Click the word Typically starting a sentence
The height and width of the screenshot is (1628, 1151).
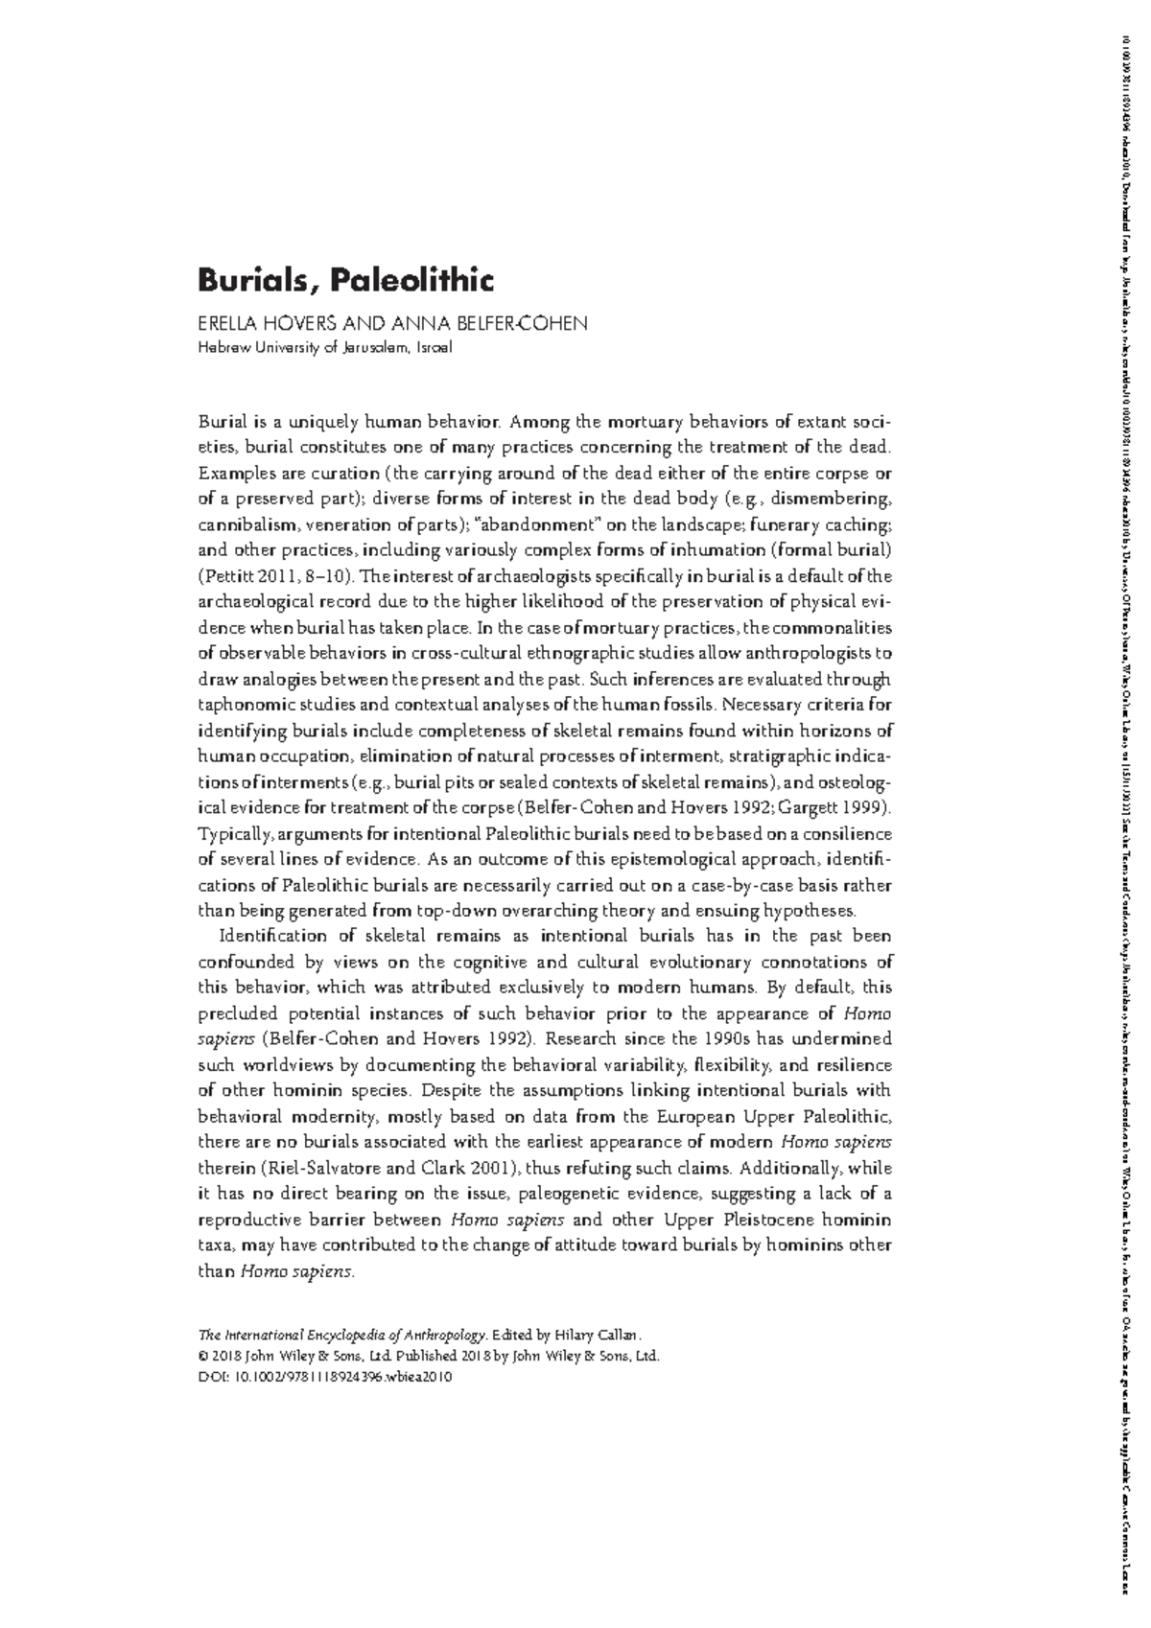point(236,834)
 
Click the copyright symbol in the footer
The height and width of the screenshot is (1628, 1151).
point(203,1356)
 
